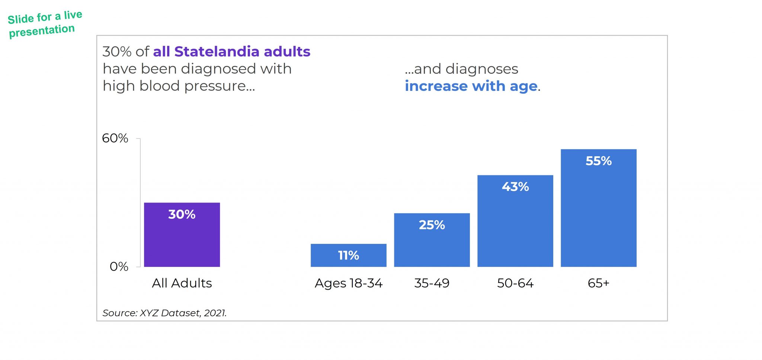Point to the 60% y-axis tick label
(115, 138)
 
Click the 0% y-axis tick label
(119, 267)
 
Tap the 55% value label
(598, 161)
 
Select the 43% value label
(515, 187)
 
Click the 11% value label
(348, 255)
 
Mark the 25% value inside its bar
(432, 225)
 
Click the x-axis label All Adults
(182, 283)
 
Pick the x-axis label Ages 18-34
(348, 283)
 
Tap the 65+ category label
(598, 283)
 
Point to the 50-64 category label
(515, 283)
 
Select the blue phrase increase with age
(471, 86)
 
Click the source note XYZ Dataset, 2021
(183, 313)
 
